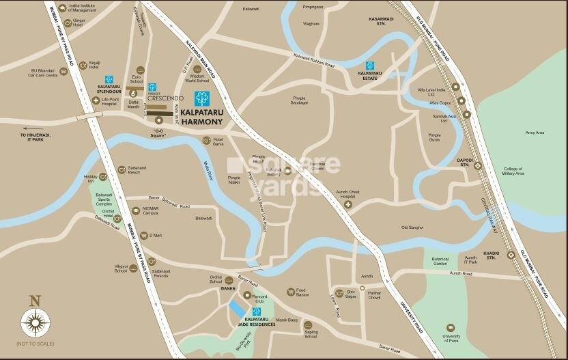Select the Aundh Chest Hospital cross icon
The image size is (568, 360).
point(348,204)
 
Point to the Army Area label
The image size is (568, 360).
point(535,133)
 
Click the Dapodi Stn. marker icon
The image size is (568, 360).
point(478,165)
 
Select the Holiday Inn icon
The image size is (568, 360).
point(103,177)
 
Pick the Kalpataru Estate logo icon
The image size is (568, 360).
point(370,66)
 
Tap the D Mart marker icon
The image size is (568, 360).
point(143,235)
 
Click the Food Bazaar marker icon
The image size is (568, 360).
point(291,292)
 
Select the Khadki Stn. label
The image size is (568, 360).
point(491,258)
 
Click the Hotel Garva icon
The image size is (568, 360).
point(206,140)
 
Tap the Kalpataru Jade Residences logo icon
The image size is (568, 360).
point(256,311)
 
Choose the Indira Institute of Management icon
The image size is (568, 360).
point(62,9)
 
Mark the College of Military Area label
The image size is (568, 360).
point(513,171)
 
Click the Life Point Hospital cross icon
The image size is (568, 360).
point(96,100)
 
